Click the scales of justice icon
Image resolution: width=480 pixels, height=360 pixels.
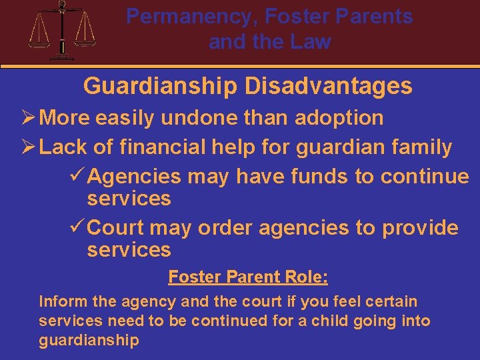point(63,29)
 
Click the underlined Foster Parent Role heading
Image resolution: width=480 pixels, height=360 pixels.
point(248,276)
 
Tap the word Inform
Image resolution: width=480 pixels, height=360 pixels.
point(59,301)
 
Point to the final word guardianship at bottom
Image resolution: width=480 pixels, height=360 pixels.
point(89,340)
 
